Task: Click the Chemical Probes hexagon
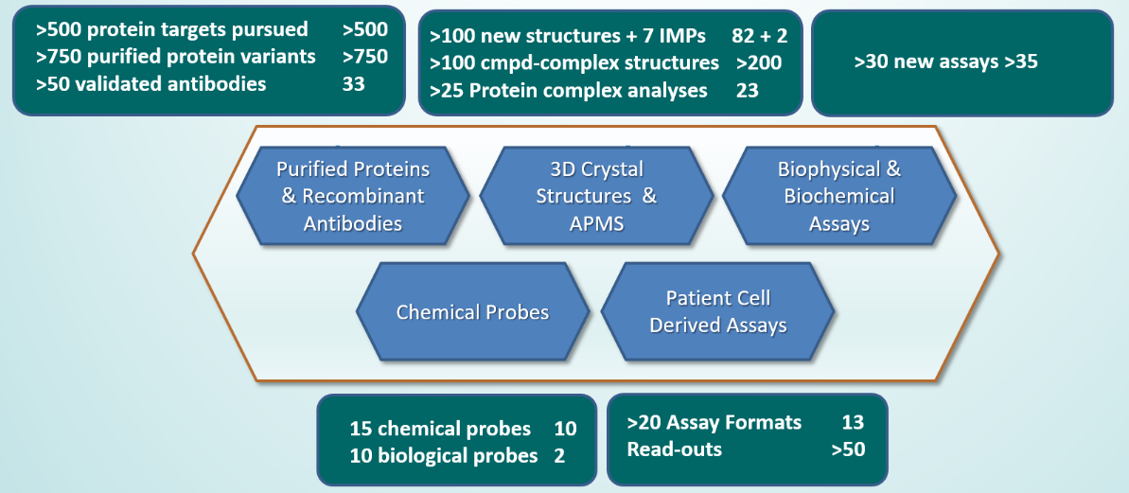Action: coord(473,312)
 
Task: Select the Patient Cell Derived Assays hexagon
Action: coord(717,312)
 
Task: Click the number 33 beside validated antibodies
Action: coord(354,84)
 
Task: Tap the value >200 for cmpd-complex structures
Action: coord(759,63)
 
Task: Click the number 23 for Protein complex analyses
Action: coord(748,92)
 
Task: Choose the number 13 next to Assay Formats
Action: coord(854,422)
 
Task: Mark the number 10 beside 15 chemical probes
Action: coord(566,429)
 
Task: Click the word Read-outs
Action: coord(675,449)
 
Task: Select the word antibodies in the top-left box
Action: coord(221,84)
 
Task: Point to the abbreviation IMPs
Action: coord(685,36)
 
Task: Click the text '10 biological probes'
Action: coord(444,456)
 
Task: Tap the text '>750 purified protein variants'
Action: coord(176,56)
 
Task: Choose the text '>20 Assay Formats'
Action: coord(714,422)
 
